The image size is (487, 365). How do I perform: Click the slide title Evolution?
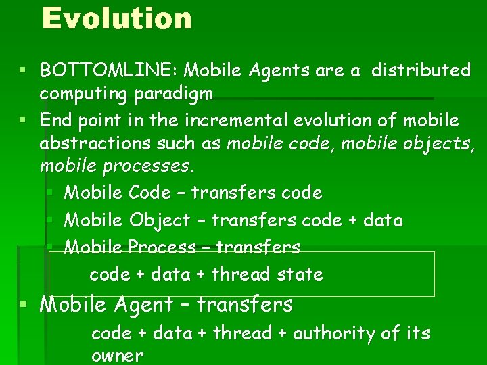coord(116,18)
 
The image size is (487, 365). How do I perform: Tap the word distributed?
coord(421,70)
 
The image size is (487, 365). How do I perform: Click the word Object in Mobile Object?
coord(160,220)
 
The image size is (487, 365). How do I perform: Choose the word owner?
coord(117,356)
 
